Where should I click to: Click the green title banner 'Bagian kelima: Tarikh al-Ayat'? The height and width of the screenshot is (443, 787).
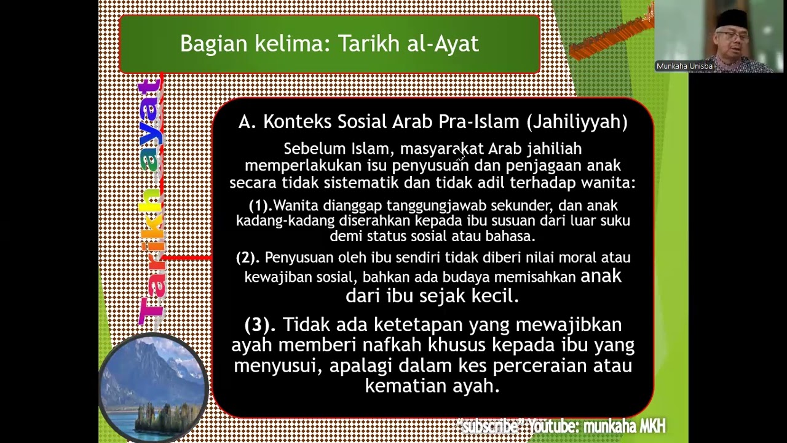[329, 44]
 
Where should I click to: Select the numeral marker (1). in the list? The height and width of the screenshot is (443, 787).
[261, 206]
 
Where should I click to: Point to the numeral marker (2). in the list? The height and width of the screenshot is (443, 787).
[248, 258]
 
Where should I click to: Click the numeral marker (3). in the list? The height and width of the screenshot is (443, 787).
[261, 324]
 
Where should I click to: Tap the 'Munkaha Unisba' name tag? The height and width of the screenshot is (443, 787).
[684, 66]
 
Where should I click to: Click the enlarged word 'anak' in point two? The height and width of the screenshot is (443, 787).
[601, 276]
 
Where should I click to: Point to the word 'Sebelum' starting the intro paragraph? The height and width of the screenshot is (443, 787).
[309, 149]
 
